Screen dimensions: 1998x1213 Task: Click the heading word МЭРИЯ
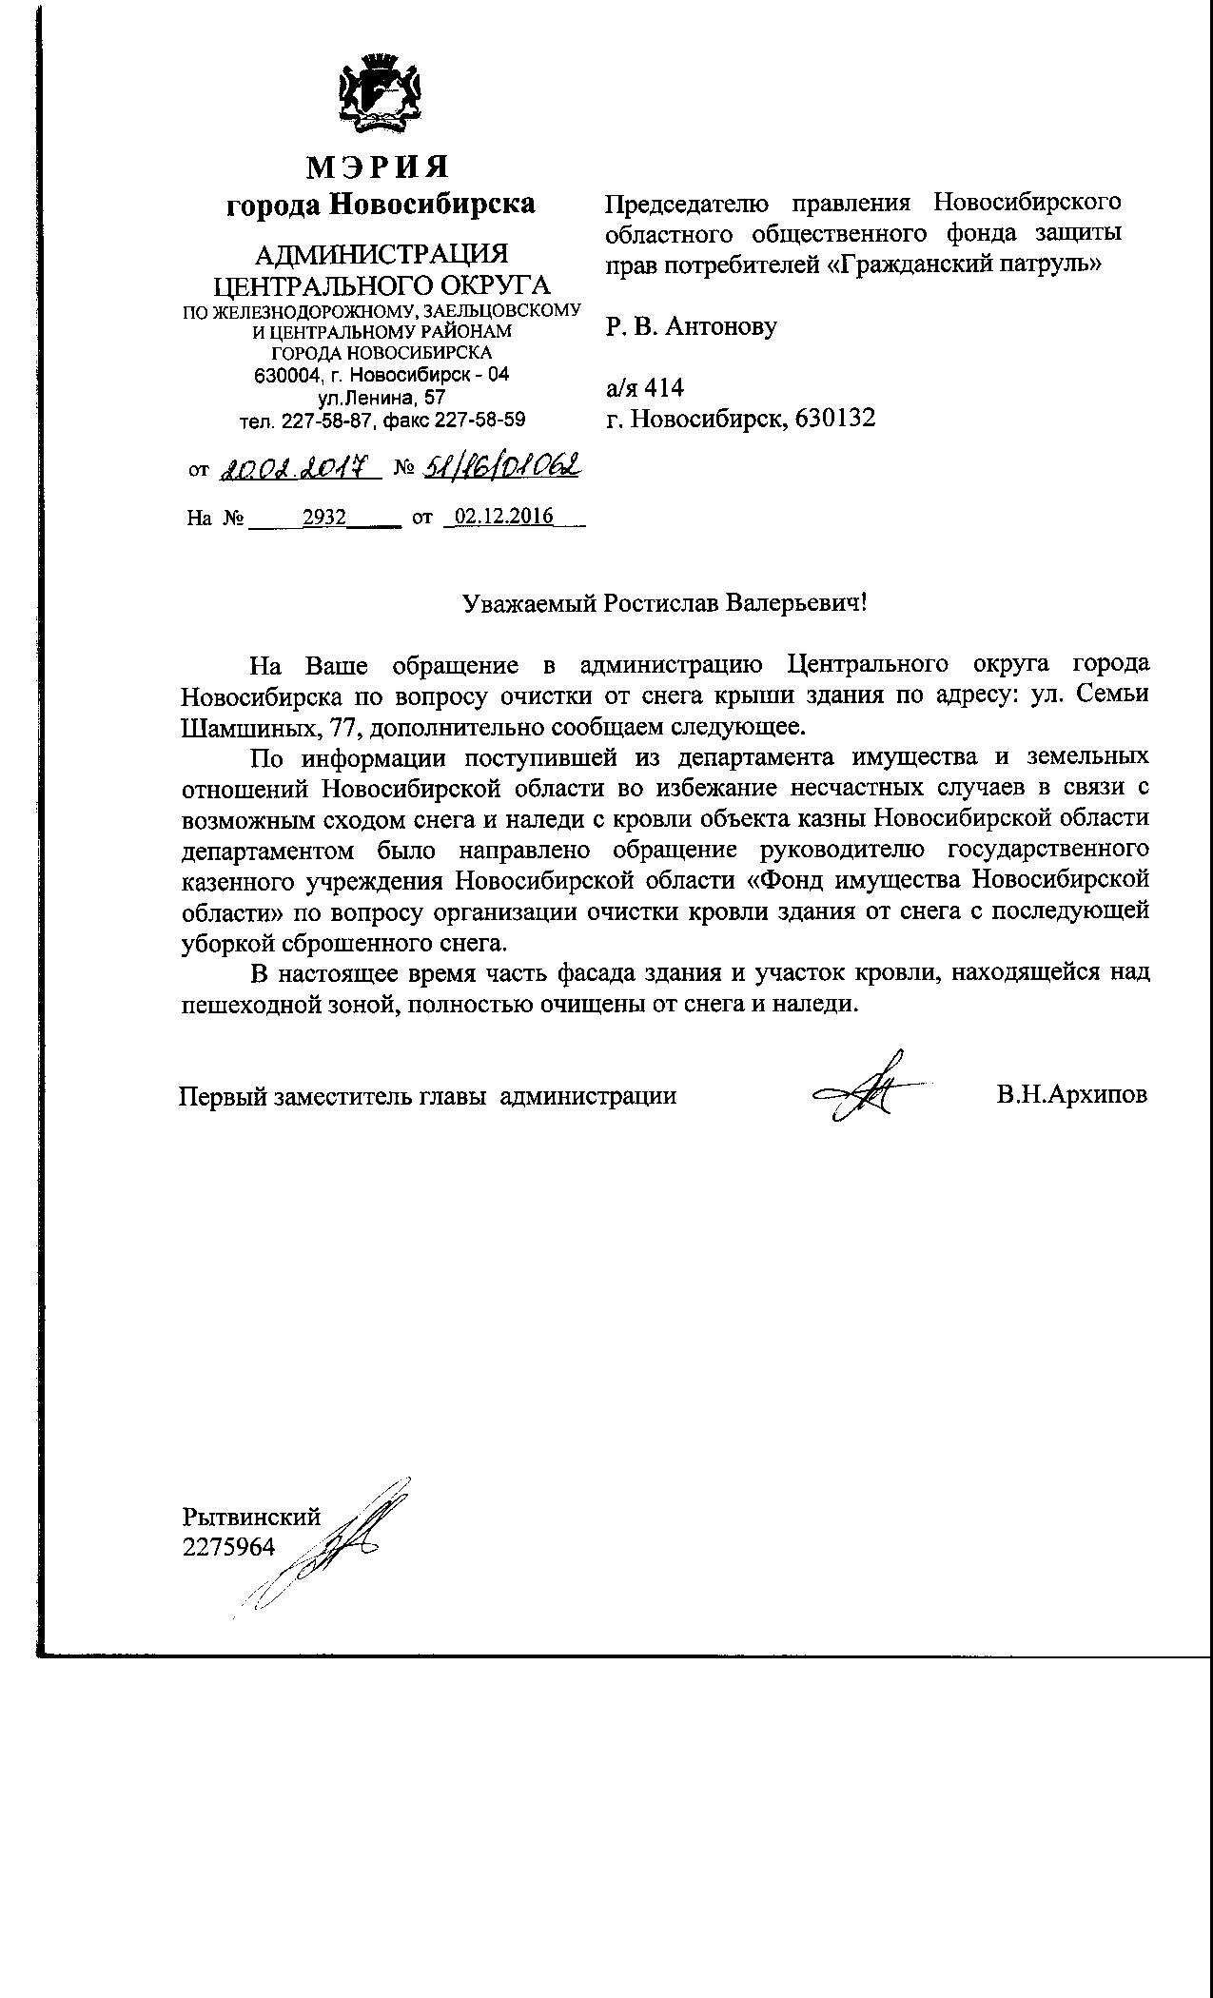[x=378, y=167]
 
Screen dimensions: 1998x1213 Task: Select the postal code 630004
[x=285, y=376]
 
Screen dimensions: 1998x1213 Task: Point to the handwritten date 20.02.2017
[x=301, y=468]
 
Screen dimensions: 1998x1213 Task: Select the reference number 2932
[x=323, y=518]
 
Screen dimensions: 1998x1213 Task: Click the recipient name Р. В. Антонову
[x=692, y=327]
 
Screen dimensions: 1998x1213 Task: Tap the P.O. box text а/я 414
[x=645, y=388]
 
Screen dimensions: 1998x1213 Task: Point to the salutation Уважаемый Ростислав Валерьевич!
[x=665, y=603]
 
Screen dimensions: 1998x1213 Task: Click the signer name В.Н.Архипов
[x=1072, y=1095]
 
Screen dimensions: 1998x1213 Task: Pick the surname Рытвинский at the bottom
[x=251, y=1518]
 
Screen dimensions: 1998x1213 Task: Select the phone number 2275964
[x=228, y=1548]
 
